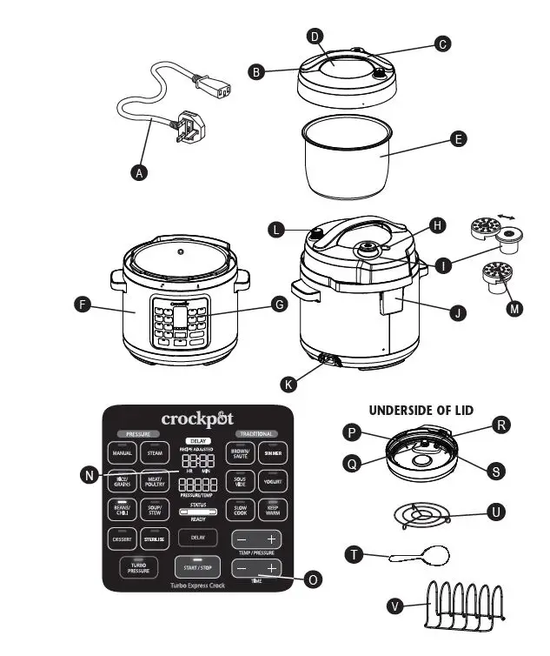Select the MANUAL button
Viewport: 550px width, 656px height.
(x=123, y=452)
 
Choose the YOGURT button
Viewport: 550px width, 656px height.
(x=272, y=481)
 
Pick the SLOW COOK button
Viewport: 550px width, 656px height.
(x=240, y=510)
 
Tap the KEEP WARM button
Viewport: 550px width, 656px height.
(x=272, y=510)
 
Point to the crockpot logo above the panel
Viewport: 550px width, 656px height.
(x=196, y=419)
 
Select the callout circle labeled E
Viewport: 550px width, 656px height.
(x=459, y=138)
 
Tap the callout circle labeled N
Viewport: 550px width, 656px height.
(x=89, y=474)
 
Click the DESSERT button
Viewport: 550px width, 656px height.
(x=123, y=539)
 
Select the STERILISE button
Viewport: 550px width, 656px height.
(x=154, y=539)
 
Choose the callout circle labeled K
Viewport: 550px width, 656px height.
(x=288, y=383)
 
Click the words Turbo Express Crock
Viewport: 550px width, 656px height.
(x=195, y=587)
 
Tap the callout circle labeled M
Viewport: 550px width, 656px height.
(x=514, y=306)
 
